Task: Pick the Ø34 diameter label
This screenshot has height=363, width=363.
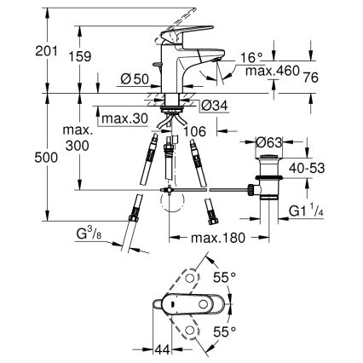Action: click(216, 106)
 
